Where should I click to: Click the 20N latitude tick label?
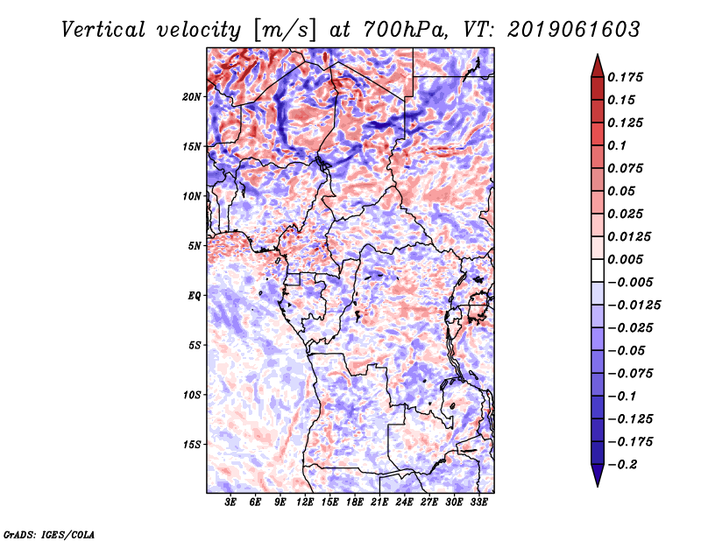coord(192,97)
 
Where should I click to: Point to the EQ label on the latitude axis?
coord(195,296)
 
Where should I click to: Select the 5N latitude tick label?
coord(195,246)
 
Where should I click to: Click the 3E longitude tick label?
coord(230,502)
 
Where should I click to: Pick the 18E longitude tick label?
coord(355,502)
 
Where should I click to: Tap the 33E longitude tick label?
coord(478,502)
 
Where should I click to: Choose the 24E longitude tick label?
coord(404,502)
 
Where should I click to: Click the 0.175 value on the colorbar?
coord(625,77)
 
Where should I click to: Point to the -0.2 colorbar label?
coord(623,465)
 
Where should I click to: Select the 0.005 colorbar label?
coord(625,259)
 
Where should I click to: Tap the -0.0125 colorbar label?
coord(634,306)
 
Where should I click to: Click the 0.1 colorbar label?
coord(617,145)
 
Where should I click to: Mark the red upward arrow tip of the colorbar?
coord(598,55)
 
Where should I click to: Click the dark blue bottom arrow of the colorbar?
coord(598,475)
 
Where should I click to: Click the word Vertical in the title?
coord(103,30)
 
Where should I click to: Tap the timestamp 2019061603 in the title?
coord(574,30)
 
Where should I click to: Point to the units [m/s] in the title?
coord(285,31)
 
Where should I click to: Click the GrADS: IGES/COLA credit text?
coord(49,535)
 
